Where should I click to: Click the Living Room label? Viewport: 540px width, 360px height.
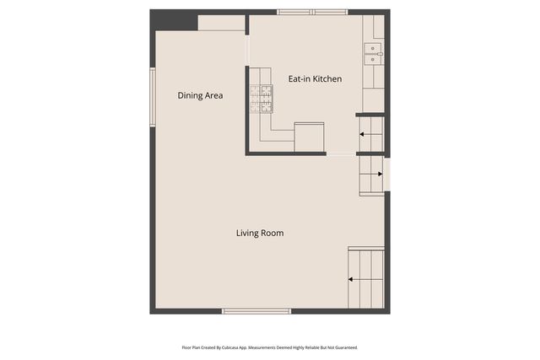click(259, 233)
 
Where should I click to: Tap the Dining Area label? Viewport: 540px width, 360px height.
click(200, 95)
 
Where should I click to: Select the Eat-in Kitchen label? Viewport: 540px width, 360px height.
click(315, 78)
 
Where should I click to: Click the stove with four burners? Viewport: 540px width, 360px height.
click(261, 99)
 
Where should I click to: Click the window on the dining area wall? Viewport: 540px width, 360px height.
click(153, 97)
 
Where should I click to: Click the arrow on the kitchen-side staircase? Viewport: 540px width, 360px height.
click(366, 133)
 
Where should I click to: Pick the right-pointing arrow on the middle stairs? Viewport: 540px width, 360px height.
click(374, 175)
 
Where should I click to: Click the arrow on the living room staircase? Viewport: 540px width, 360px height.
click(355, 280)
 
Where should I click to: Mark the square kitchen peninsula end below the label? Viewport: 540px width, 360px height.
click(309, 137)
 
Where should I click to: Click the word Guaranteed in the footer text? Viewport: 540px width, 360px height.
click(345, 347)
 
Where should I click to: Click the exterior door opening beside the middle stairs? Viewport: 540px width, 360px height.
click(387, 174)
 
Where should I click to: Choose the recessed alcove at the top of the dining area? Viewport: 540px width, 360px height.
click(221, 23)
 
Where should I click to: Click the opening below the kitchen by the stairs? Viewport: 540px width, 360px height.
click(341, 153)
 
